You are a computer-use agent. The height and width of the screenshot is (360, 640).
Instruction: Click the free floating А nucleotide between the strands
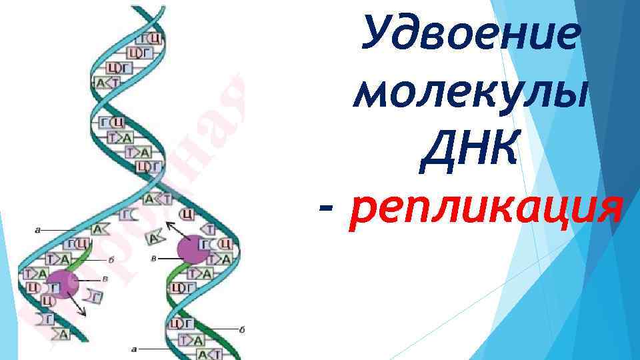point(155,236)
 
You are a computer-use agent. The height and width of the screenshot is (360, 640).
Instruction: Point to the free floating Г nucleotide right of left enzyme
point(95,296)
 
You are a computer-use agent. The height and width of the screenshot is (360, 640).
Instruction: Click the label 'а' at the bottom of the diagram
point(135,348)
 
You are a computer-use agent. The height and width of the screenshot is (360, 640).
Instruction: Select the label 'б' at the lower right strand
point(241,329)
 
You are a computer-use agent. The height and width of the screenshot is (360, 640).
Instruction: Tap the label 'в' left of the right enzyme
point(155,257)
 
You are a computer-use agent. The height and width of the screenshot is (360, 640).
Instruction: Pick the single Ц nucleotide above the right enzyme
point(188,213)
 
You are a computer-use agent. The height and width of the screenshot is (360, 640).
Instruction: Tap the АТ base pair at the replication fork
point(158,198)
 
